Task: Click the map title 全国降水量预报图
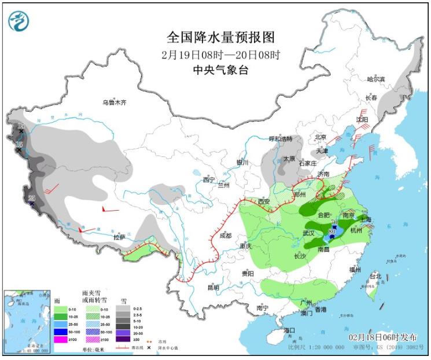[x=220, y=38]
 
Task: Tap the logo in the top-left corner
[x=18, y=21]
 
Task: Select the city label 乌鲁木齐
[x=114, y=102]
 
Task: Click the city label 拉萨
[x=119, y=237]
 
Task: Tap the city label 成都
[x=226, y=236]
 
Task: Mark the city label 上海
[x=365, y=219]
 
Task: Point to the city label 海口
[x=289, y=330]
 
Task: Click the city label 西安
[x=264, y=201]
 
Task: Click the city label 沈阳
[x=362, y=119]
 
